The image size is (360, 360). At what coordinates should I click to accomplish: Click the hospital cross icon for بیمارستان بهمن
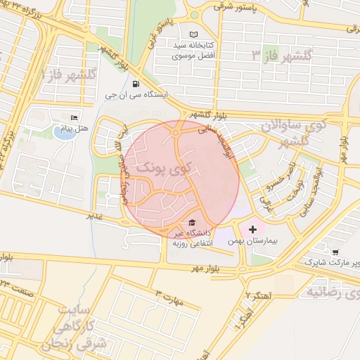click(x=253, y=229)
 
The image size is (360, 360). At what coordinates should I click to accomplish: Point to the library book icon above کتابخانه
click(x=195, y=34)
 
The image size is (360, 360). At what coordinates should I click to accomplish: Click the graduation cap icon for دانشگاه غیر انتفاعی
click(x=193, y=223)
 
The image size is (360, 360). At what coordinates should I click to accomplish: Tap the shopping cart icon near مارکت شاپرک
click(x=335, y=252)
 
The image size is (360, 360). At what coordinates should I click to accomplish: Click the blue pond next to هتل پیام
click(x=64, y=133)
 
